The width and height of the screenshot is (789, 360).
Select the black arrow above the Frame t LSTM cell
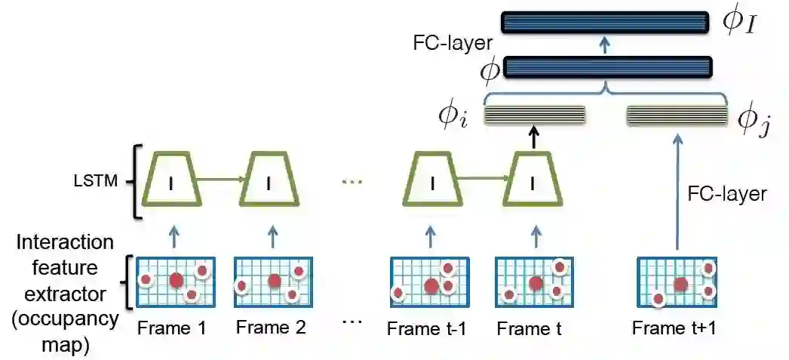pyautogui.click(x=534, y=137)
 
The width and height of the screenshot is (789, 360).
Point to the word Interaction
pyautogui.click(x=66, y=243)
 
